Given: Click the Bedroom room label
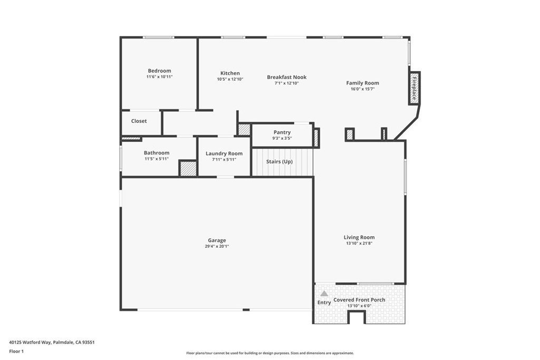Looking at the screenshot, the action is pos(159,71).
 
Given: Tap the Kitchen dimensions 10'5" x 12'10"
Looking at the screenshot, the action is pos(230,79).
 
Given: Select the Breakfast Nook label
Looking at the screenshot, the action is pos(286,77).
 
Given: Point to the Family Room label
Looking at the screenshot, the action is pos(362,83).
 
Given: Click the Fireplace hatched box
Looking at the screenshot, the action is pos(414,88).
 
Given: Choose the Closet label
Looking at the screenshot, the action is pos(139,121).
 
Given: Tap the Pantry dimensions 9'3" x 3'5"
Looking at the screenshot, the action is pos(282,138).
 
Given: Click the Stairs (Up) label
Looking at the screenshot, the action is pos(279,161).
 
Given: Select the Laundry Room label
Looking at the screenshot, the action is pos(224,153).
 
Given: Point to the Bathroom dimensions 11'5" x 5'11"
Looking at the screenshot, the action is pos(157,159).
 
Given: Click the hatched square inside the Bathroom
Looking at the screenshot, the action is pos(188,168).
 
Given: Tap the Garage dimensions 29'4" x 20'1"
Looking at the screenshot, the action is pos(217,247).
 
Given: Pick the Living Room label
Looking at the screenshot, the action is pos(359,237).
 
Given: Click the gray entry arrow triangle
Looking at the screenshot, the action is pos(324,294).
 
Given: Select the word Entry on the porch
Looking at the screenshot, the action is pos(324,302).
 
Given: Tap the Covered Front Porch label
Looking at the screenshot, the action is pos(359,300).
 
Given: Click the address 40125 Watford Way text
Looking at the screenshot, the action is pos(30,343).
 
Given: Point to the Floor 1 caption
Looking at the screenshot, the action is pos(16,352).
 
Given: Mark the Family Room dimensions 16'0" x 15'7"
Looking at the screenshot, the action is pos(362,89).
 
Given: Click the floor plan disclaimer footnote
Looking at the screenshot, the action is pos(270,353).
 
